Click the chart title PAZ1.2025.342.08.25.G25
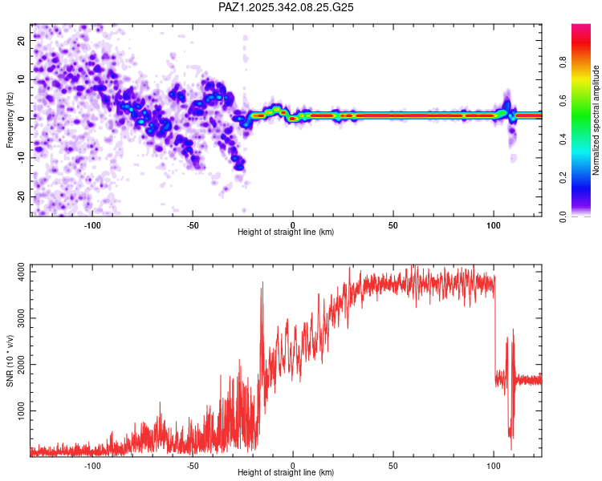pyautogui.click(x=286, y=7)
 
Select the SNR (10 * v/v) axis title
pyautogui.click(x=10, y=361)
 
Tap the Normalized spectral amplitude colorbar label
pyautogui.click(x=596, y=120)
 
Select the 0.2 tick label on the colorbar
pyautogui.click(x=564, y=178)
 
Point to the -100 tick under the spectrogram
pyautogui.click(x=92, y=224)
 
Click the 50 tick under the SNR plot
pyautogui.click(x=393, y=464)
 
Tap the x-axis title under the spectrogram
pyautogui.click(x=286, y=232)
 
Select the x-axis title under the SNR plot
pyautogui.click(x=286, y=473)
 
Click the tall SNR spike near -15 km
pyautogui.click(x=262, y=284)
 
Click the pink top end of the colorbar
pyautogui.click(x=581, y=28)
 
